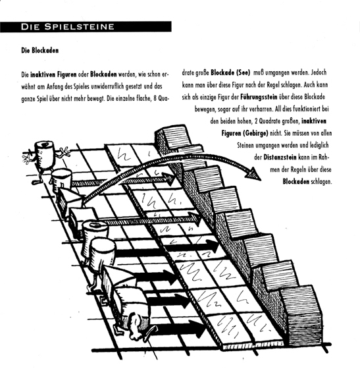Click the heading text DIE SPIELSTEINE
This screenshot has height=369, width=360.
(x=67, y=26)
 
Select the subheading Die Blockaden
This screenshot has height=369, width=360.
(x=40, y=50)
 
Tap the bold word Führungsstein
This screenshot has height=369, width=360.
(x=259, y=97)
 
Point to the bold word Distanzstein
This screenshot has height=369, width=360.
(x=280, y=157)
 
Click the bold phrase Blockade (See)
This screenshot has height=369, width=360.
(x=230, y=72)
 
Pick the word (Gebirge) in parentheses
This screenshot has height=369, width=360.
(x=255, y=133)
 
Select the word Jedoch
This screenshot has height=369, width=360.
(x=319, y=72)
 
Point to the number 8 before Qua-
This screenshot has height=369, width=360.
(x=155, y=98)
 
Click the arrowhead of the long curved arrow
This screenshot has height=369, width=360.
(x=253, y=174)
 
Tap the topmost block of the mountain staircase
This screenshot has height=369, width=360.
(x=174, y=136)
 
